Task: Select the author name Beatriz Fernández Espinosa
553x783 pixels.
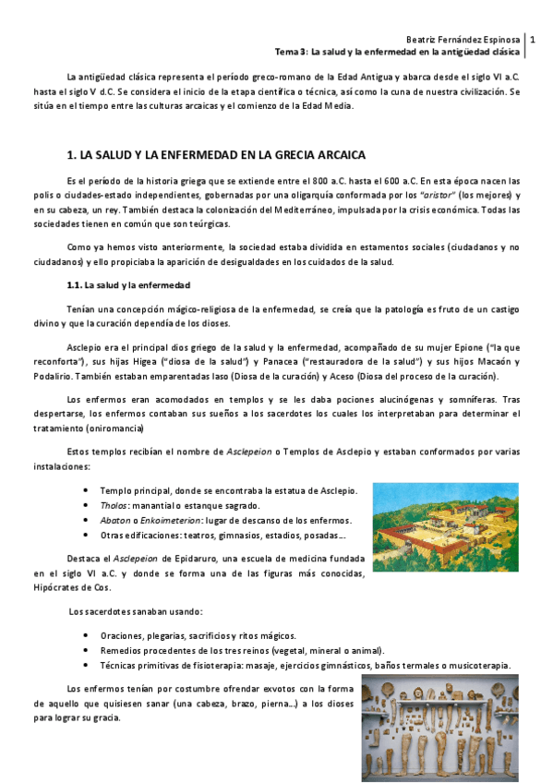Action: (463, 41)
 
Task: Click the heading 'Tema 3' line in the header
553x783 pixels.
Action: (400, 53)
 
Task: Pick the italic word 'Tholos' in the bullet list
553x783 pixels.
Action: (113, 505)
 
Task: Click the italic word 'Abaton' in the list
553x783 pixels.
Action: (114, 520)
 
